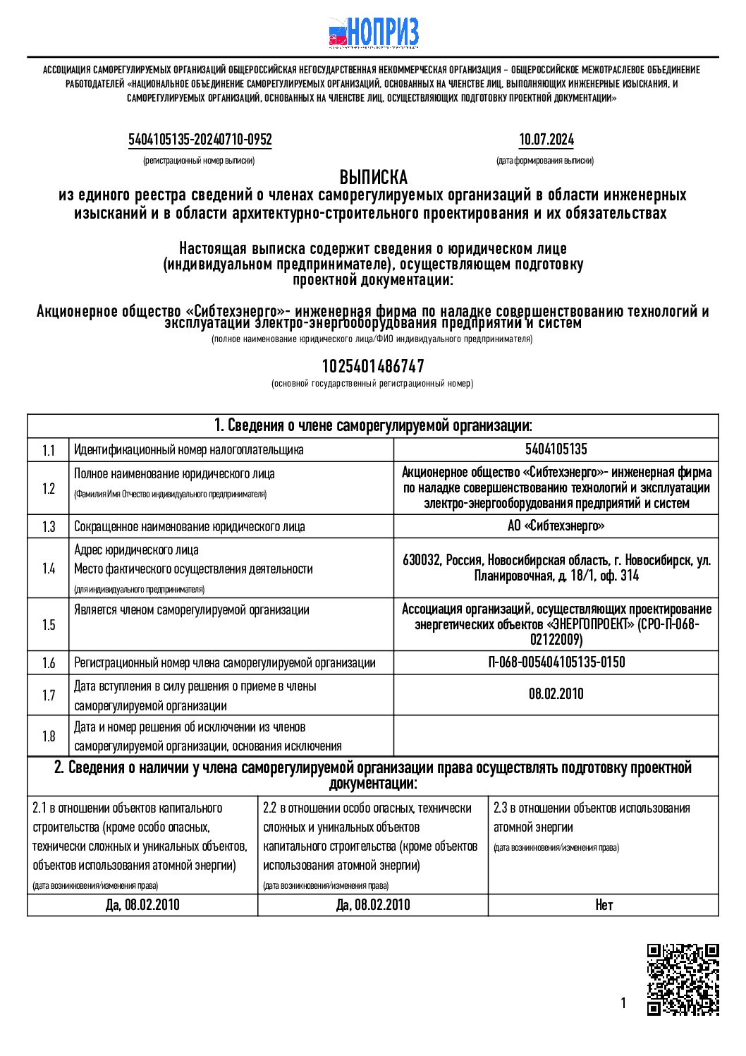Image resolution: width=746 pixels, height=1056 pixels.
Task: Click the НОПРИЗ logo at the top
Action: coord(374,32)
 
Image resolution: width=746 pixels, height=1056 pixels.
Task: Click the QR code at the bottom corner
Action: coord(683,978)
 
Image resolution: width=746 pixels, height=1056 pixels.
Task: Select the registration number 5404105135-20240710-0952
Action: coord(200,140)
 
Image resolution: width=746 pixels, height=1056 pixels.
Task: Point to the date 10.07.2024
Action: coord(546,140)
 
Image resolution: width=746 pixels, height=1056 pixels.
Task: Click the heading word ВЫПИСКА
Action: coord(373,177)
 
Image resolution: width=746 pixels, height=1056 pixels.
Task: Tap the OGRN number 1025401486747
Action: coord(373,366)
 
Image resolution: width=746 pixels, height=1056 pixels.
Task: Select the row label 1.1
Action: coord(48,450)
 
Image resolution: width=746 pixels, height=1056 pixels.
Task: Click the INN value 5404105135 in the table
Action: coord(556,449)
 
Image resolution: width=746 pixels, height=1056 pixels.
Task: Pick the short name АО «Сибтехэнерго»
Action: coord(556,526)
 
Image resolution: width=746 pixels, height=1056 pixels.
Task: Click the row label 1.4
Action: coord(48,569)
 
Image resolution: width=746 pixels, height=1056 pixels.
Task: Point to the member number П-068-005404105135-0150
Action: coord(556,662)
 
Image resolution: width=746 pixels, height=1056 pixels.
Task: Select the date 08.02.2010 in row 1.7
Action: coord(556,694)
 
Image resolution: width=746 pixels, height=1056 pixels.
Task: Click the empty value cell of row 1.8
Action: coord(556,736)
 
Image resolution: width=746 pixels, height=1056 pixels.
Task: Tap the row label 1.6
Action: coord(48,662)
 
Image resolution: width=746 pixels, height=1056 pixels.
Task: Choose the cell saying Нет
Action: coord(604,905)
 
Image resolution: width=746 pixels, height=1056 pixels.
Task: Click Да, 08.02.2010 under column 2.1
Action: coord(142,905)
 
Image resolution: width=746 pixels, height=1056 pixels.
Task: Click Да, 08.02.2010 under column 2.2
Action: coord(373,905)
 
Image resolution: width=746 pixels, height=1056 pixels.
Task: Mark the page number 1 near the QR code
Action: coord(623,1003)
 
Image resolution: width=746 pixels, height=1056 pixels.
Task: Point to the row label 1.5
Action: coord(48,624)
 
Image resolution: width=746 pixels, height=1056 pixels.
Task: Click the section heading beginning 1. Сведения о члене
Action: coord(373,425)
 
